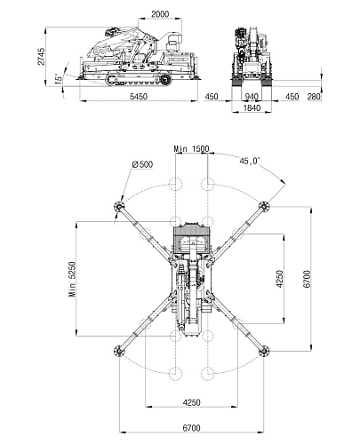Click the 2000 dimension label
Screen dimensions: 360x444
tap(160, 14)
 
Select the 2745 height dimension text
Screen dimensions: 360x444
tap(41, 56)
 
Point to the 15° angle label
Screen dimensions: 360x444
tap(59, 79)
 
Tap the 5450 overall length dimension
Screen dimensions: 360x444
tap(139, 96)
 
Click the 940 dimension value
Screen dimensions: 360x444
tap(252, 97)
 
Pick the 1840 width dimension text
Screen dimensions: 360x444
tap(252, 108)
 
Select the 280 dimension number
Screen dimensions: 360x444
tap(314, 97)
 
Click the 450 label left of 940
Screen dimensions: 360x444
tap(212, 97)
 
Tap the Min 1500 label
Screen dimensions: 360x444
tap(191, 149)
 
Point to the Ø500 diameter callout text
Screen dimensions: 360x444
tap(142, 164)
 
